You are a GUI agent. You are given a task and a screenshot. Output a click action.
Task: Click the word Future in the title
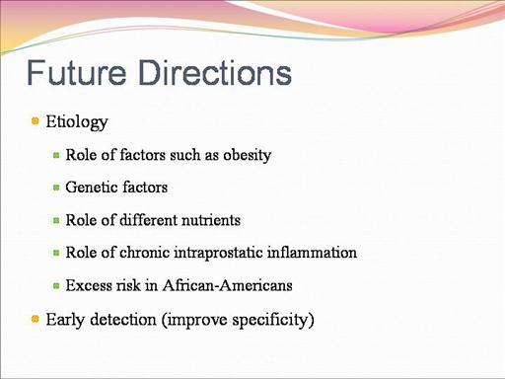pyautogui.click(x=76, y=72)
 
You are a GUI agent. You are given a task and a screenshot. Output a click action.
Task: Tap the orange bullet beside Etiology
pyautogui.click(x=36, y=120)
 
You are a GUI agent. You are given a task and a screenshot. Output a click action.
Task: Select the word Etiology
pyautogui.click(x=77, y=122)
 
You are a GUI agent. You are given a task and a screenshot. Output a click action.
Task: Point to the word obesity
pyautogui.click(x=247, y=155)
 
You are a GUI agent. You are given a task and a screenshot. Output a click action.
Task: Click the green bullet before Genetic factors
pyautogui.click(x=56, y=188)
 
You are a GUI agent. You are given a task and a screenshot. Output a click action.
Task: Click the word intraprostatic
pyautogui.click(x=218, y=253)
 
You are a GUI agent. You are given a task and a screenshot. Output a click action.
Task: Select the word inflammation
pyautogui.click(x=312, y=253)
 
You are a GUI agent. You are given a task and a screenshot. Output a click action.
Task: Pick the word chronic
pyautogui.click(x=145, y=253)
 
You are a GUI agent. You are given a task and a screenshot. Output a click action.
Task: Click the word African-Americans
pyautogui.click(x=227, y=285)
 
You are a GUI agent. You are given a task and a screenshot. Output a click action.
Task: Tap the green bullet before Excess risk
pyautogui.click(x=56, y=286)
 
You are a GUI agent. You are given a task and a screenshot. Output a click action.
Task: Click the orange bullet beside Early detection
pyautogui.click(x=36, y=319)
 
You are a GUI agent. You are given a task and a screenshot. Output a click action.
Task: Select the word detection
pyautogui.click(x=123, y=320)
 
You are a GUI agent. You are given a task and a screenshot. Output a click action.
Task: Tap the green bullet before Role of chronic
pyautogui.click(x=56, y=253)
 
